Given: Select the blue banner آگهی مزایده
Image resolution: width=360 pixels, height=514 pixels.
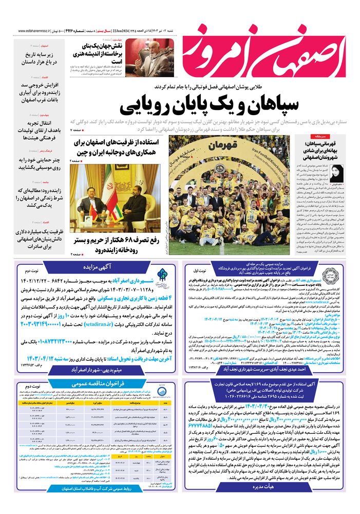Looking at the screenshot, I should (x=96, y=268).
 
